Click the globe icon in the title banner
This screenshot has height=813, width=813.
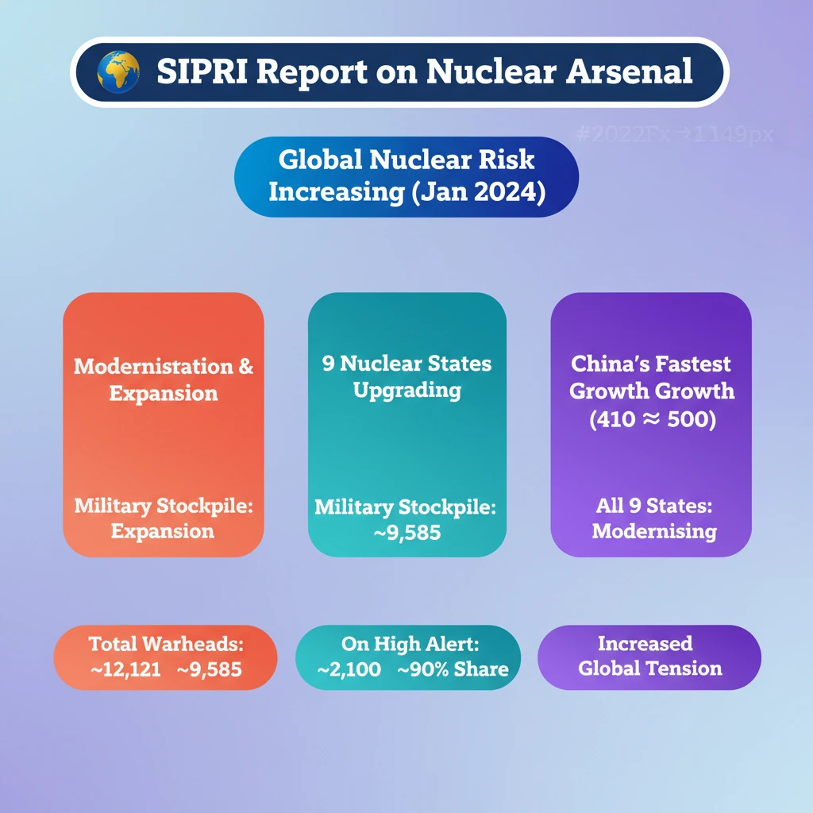(118, 71)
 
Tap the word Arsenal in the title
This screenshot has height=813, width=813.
(629, 71)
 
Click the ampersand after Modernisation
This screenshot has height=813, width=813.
(246, 367)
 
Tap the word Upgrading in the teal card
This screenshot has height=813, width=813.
(407, 391)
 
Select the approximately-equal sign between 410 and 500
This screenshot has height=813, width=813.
(651, 419)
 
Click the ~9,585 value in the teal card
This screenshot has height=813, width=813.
(407, 533)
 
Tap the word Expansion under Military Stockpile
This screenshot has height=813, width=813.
(162, 531)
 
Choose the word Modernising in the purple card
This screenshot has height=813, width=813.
(654, 531)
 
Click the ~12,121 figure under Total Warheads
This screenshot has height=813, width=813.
(125, 669)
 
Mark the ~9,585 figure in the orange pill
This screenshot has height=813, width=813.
(210, 669)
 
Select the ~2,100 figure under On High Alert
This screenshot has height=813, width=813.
(349, 669)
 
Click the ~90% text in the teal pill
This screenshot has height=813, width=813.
(423, 669)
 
